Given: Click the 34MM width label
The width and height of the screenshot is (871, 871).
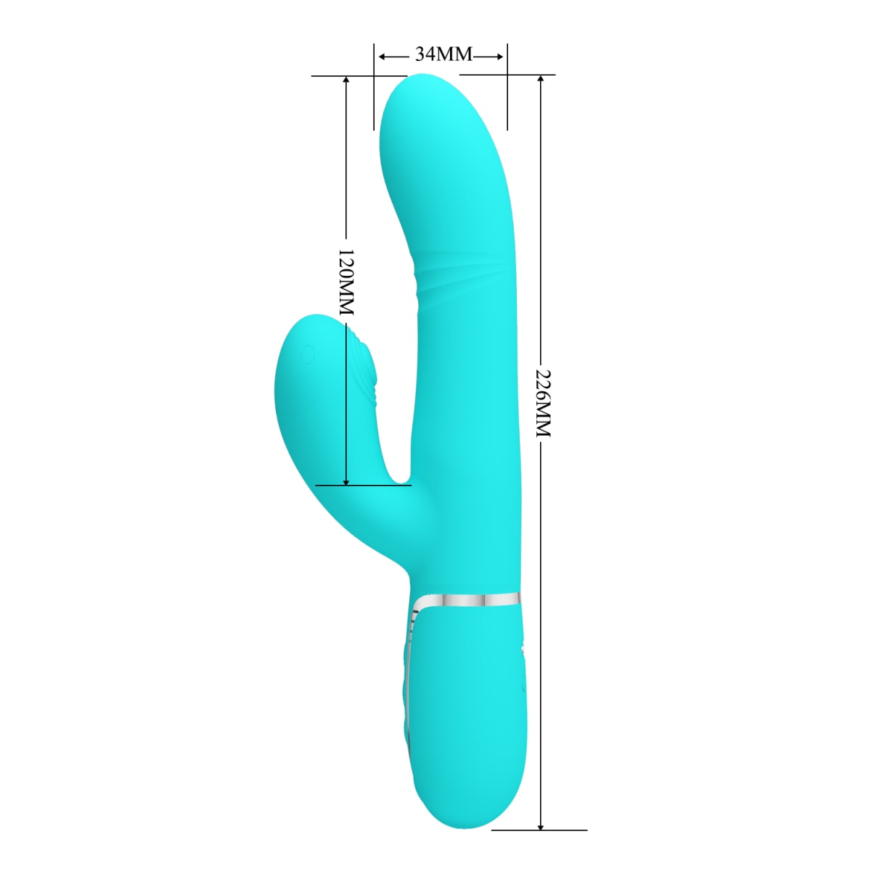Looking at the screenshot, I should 443,54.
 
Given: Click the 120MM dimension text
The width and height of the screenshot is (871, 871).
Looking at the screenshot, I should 345,281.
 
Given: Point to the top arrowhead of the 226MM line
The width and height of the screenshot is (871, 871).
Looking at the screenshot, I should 541,78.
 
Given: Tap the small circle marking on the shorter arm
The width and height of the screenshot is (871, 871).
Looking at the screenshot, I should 308,356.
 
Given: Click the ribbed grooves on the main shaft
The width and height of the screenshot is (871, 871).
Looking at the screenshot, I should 465,279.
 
